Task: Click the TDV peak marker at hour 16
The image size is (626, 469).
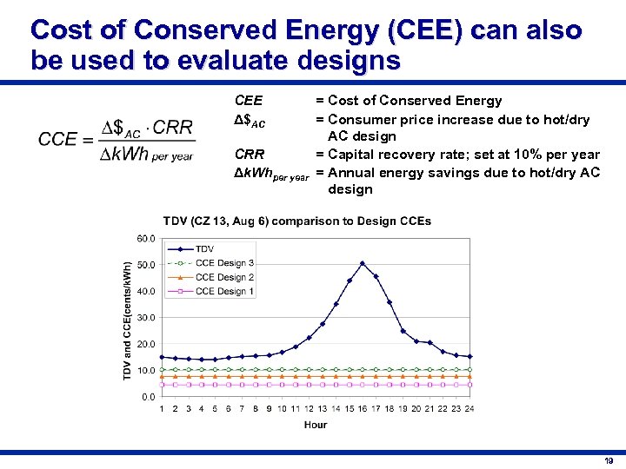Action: pyautogui.click(x=363, y=263)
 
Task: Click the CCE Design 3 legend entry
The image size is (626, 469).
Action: pyautogui.click(x=224, y=263)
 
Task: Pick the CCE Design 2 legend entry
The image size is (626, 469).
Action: pyautogui.click(x=224, y=277)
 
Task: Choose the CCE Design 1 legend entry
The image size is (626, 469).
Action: pyautogui.click(x=224, y=291)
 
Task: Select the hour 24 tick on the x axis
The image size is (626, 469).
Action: pyautogui.click(x=469, y=408)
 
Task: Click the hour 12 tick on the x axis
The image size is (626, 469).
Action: pyautogui.click(x=309, y=408)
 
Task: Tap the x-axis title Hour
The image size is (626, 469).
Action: pyautogui.click(x=316, y=425)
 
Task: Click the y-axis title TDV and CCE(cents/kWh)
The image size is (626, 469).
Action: pyautogui.click(x=128, y=320)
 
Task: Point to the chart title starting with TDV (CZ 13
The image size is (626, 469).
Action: pyautogui.click(x=296, y=221)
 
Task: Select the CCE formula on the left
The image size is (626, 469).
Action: pyautogui.click(x=116, y=139)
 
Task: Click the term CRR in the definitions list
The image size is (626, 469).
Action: pyautogui.click(x=250, y=155)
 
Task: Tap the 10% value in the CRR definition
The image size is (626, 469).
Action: pyautogui.click(x=537, y=155)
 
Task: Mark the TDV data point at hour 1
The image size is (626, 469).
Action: pyautogui.click(x=162, y=356)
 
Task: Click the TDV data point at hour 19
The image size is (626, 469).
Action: pyautogui.click(x=403, y=331)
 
